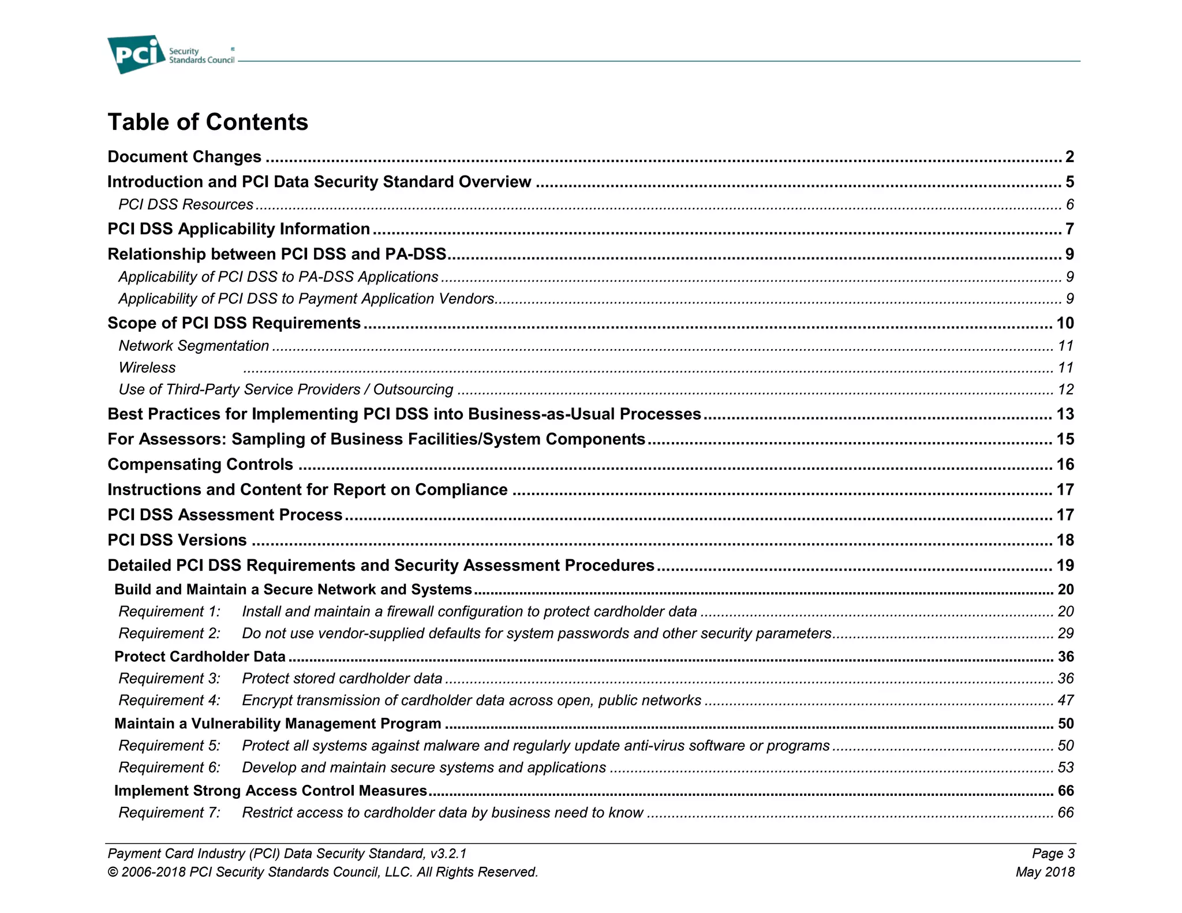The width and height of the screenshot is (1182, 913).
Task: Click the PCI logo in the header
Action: point(136,54)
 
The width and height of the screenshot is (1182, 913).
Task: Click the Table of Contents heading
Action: point(208,122)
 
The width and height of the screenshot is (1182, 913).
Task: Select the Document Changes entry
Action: point(185,157)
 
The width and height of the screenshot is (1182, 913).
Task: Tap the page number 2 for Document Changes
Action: point(1069,157)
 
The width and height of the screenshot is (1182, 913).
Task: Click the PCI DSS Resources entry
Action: point(186,205)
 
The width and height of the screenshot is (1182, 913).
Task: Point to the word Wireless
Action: point(147,368)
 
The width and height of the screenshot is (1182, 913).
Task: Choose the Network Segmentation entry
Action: point(194,346)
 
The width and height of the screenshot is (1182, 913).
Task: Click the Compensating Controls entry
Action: point(200,465)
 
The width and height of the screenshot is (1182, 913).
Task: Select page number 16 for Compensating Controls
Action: point(1065,465)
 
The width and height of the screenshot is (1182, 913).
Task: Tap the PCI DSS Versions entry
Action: point(177,540)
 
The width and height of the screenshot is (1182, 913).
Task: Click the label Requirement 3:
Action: point(170,679)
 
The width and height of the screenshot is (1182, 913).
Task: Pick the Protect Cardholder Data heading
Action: point(200,657)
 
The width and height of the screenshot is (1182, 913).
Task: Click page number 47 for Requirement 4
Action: point(1065,701)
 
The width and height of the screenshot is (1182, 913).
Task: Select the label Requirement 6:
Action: point(170,768)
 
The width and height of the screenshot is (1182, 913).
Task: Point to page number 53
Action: point(1065,768)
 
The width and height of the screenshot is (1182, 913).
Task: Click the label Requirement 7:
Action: point(170,813)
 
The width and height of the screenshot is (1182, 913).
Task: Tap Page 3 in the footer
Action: point(1053,854)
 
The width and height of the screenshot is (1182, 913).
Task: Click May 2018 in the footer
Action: point(1045,872)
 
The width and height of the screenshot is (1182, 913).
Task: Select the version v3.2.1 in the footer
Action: point(448,854)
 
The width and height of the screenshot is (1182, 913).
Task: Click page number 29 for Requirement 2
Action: point(1065,634)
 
